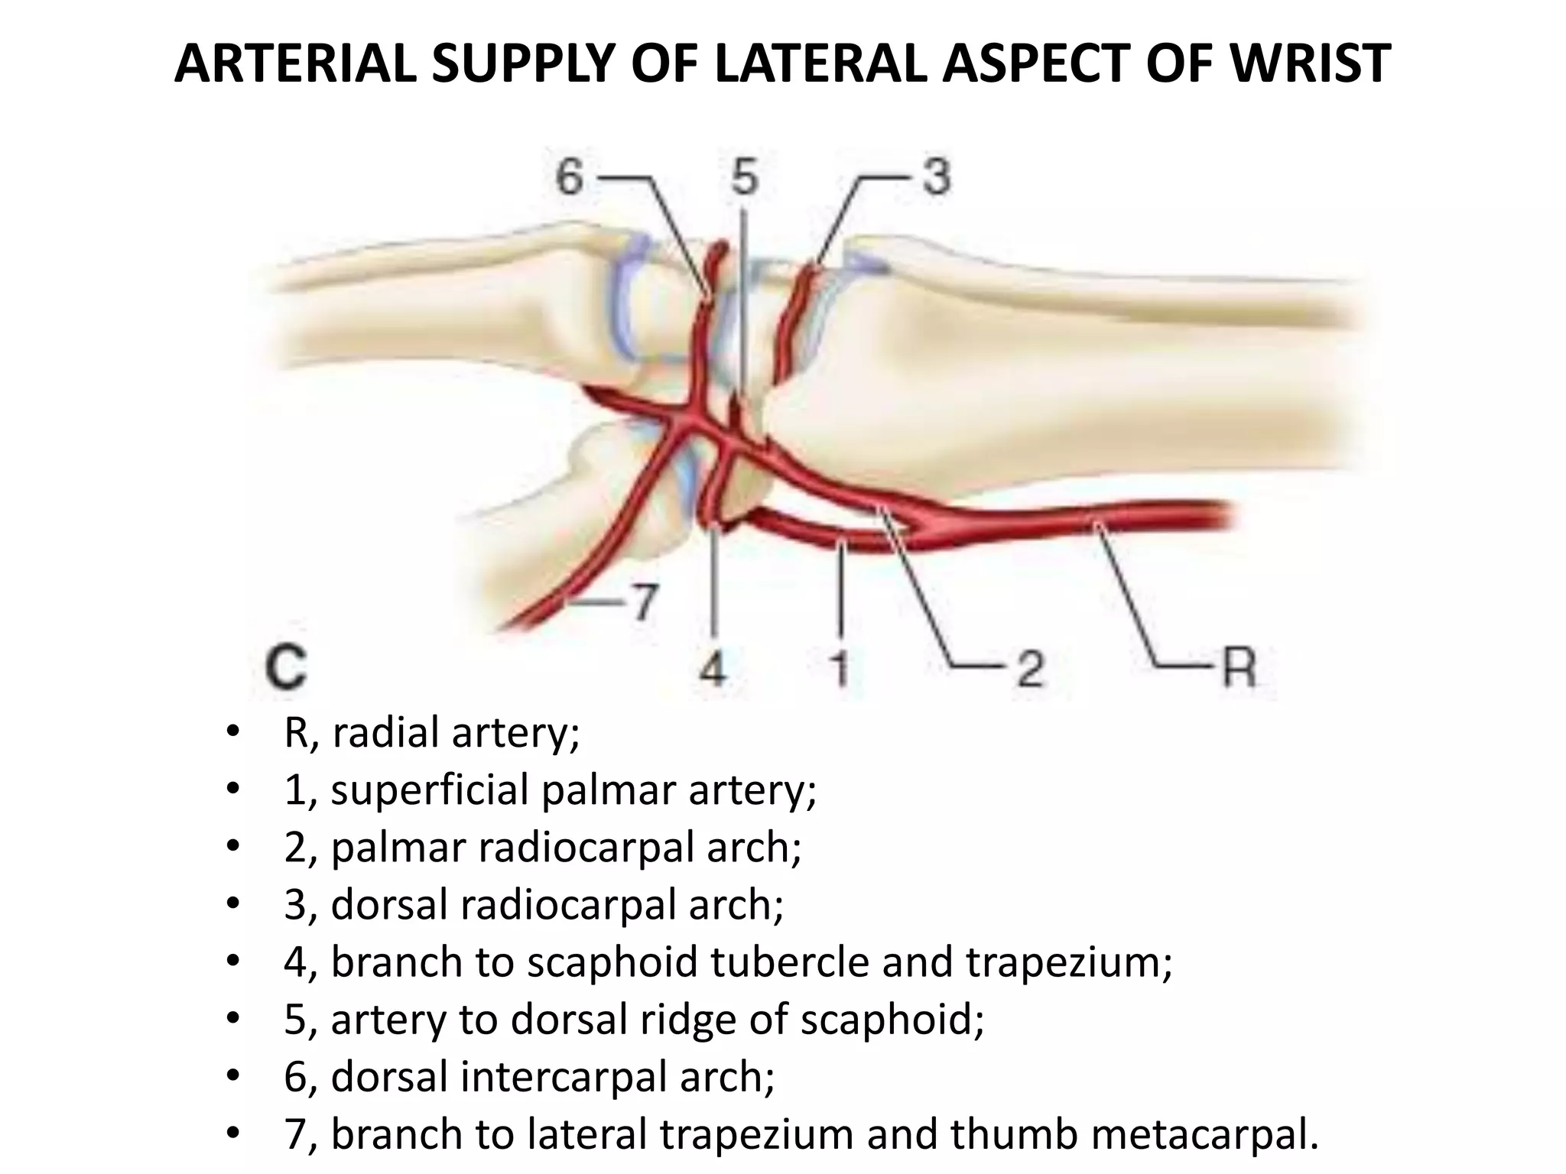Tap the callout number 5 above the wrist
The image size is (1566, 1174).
click(x=744, y=178)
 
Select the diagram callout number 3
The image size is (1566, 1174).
click(x=935, y=178)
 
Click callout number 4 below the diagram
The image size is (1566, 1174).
click(x=713, y=670)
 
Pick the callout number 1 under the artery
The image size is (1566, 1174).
click(x=840, y=670)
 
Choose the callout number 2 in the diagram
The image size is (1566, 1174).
click(x=1030, y=670)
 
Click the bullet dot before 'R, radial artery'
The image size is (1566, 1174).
click(x=233, y=735)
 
